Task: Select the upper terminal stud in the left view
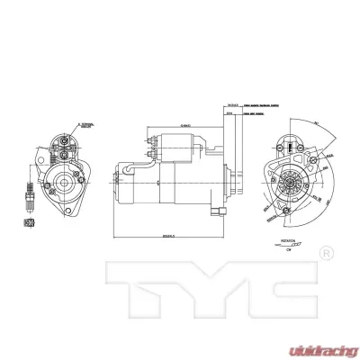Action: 67,142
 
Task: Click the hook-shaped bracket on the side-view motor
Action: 135,167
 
